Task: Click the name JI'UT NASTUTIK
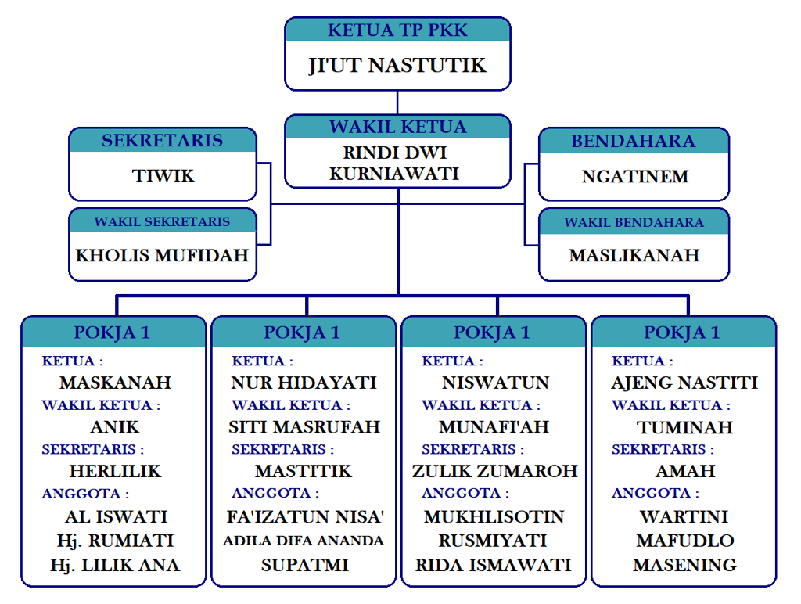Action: [397, 65]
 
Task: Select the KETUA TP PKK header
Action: [397, 31]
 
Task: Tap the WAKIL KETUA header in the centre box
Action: [397, 127]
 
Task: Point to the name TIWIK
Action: [163, 176]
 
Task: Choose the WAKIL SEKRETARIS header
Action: [162, 221]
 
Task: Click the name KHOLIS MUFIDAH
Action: [162, 255]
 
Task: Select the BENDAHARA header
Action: [633, 141]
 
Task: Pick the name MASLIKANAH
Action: [634, 256]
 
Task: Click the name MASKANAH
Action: [115, 383]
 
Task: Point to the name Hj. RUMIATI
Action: [115, 541]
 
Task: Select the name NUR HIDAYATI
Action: [304, 383]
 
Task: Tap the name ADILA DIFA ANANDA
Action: [304, 541]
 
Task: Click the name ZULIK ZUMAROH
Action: [495, 471]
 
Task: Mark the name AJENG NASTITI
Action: [684, 383]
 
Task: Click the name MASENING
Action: [684, 565]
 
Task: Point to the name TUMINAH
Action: [684, 428]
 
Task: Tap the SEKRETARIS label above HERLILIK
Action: [93, 450]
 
